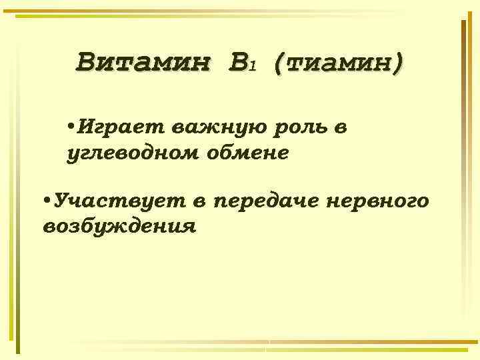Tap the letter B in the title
tap(236, 64)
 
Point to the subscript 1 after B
tap(252, 67)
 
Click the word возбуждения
tap(119, 227)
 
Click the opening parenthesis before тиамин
tap(279, 65)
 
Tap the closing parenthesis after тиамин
tap(398, 65)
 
